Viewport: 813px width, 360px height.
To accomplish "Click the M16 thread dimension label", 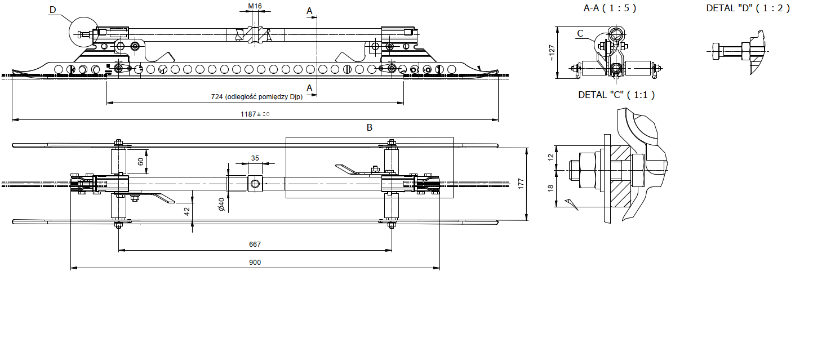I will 255,6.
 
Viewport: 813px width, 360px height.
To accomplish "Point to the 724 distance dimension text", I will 256,97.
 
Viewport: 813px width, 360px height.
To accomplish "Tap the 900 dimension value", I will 255,262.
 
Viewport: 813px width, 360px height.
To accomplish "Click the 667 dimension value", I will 255,245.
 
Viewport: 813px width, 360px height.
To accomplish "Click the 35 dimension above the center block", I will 255,158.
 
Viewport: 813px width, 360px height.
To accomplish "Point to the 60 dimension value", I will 140,161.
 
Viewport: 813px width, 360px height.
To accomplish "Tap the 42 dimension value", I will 186,210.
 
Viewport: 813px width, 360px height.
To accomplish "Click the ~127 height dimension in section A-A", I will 552,52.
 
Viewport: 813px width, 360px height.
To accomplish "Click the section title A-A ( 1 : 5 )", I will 610,8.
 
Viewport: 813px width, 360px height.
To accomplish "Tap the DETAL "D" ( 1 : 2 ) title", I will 748,8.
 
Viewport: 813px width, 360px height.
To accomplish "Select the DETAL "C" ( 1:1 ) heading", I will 616,95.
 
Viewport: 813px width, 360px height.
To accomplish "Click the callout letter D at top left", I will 53,10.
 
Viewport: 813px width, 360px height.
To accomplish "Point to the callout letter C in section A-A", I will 580,33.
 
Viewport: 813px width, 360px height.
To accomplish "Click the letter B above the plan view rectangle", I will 370,127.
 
